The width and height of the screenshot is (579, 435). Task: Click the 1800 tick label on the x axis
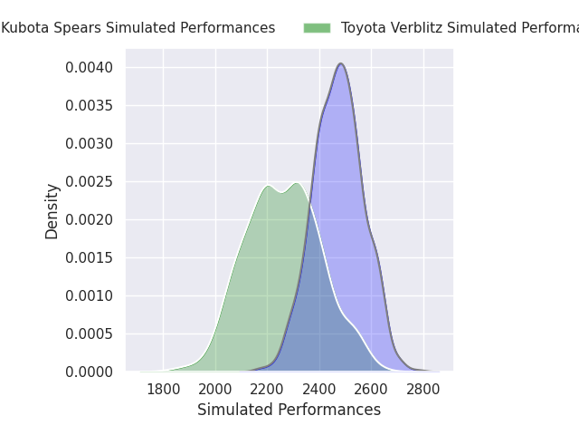[163, 390]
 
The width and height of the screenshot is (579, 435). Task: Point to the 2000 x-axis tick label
[215, 390]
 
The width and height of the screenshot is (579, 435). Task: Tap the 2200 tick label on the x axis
[267, 390]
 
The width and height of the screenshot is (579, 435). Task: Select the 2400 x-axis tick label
[319, 390]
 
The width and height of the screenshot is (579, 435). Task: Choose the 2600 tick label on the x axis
[371, 390]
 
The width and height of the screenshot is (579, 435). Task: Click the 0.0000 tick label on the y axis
[88, 372]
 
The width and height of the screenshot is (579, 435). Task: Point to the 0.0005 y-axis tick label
[88, 333]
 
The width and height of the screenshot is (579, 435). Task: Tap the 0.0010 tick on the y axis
[88, 295]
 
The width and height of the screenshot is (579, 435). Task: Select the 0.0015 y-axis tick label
[88, 257]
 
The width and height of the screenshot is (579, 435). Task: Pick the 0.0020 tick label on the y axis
[88, 219]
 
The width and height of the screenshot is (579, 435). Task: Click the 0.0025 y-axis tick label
[88, 181]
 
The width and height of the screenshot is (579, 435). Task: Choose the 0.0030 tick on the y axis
[88, 143]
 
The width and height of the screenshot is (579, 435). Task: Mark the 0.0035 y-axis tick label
[88, 105]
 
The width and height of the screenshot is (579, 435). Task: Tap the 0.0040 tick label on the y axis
[88, 67]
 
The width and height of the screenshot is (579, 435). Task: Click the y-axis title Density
[52, 211]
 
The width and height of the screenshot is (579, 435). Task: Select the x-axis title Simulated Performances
[289, 410]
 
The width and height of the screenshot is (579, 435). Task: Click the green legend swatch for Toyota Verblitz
[317, 28]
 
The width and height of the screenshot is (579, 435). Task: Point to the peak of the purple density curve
[341, 63]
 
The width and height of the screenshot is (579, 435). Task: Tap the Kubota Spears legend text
[138, 28]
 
